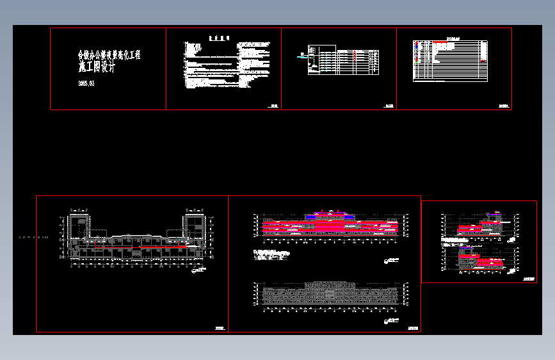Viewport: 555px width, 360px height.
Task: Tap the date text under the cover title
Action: point(86,83)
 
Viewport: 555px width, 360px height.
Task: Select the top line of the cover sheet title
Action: point(109,56)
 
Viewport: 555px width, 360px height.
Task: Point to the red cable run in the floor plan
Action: point(141,245)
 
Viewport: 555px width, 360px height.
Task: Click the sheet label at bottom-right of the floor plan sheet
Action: point(220,328)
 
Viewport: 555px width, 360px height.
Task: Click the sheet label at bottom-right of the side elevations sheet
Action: point(528,279)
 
